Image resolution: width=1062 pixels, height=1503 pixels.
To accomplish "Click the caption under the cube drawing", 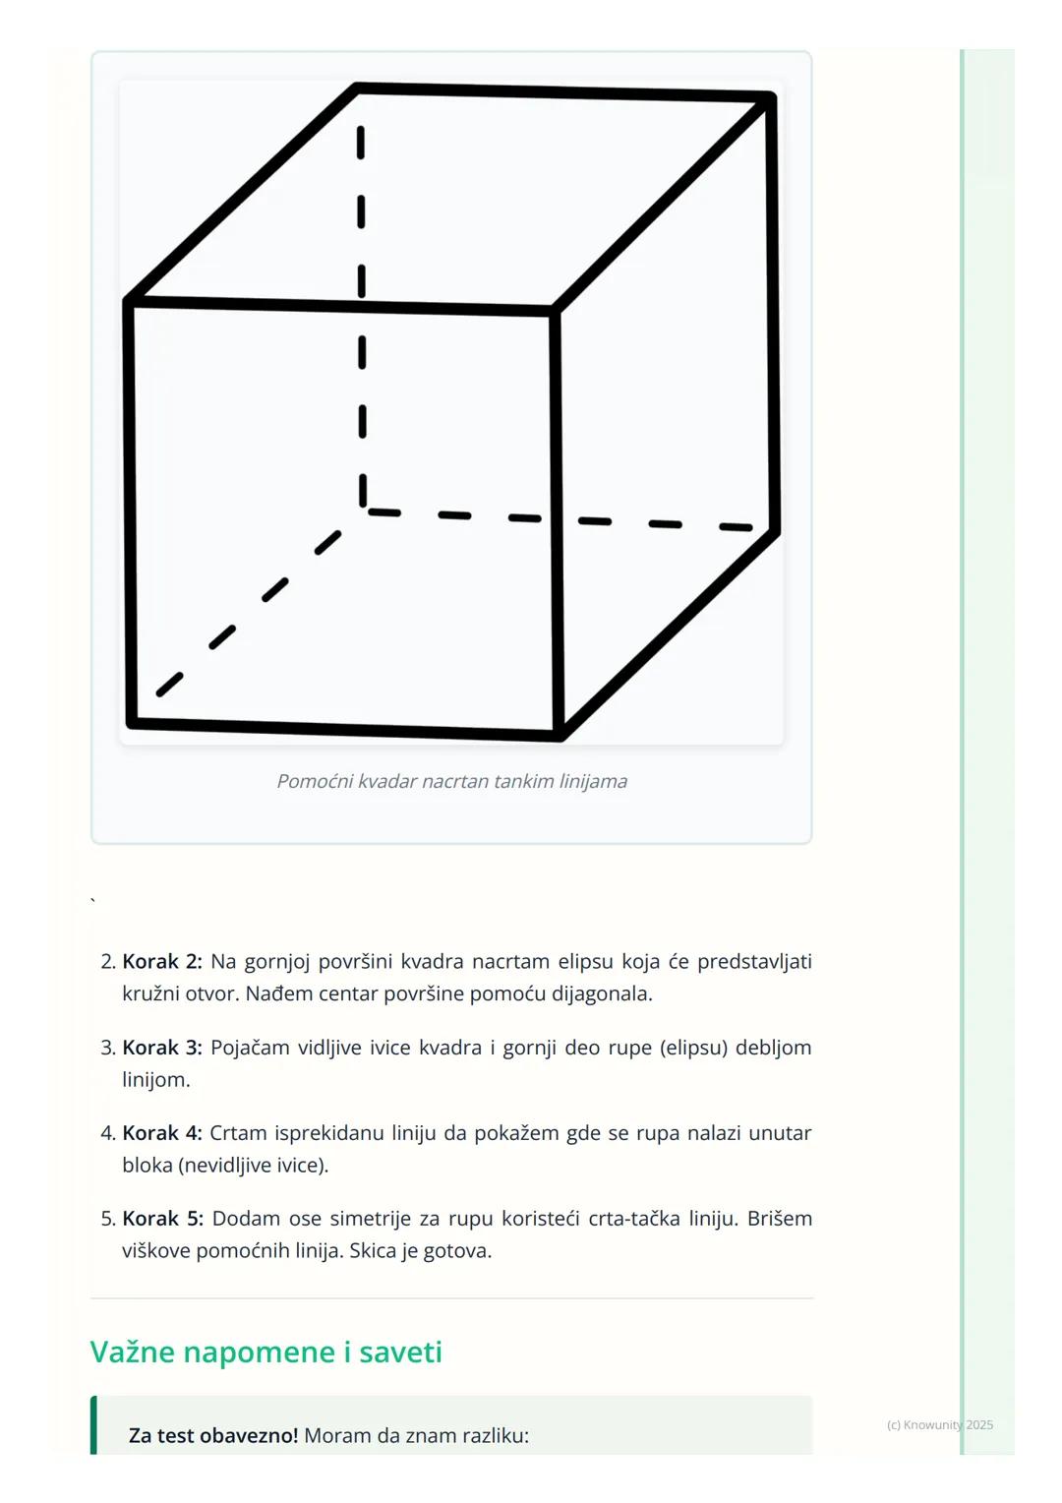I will coord(451,781).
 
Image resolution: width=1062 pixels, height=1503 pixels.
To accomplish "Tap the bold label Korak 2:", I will coord(162,961).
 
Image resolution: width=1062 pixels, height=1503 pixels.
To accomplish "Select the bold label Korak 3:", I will coord(162,1047).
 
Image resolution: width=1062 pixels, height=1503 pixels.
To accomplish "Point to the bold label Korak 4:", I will coord(162,1132).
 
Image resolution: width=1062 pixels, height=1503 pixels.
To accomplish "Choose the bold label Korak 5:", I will coord(162,1218).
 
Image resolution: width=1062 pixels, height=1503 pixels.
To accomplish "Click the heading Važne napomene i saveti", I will coord(265,1352).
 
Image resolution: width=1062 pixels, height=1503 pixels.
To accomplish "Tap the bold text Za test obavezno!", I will coord(212,1435).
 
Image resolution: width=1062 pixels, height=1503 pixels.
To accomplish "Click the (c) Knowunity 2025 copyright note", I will coord(939,1424).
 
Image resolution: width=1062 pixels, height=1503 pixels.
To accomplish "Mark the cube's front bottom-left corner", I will coord(132,723).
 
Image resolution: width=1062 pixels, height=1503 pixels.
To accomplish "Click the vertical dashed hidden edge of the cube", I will coord(362,315).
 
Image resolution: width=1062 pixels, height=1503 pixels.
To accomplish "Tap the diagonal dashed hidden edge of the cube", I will coord(251,610).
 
